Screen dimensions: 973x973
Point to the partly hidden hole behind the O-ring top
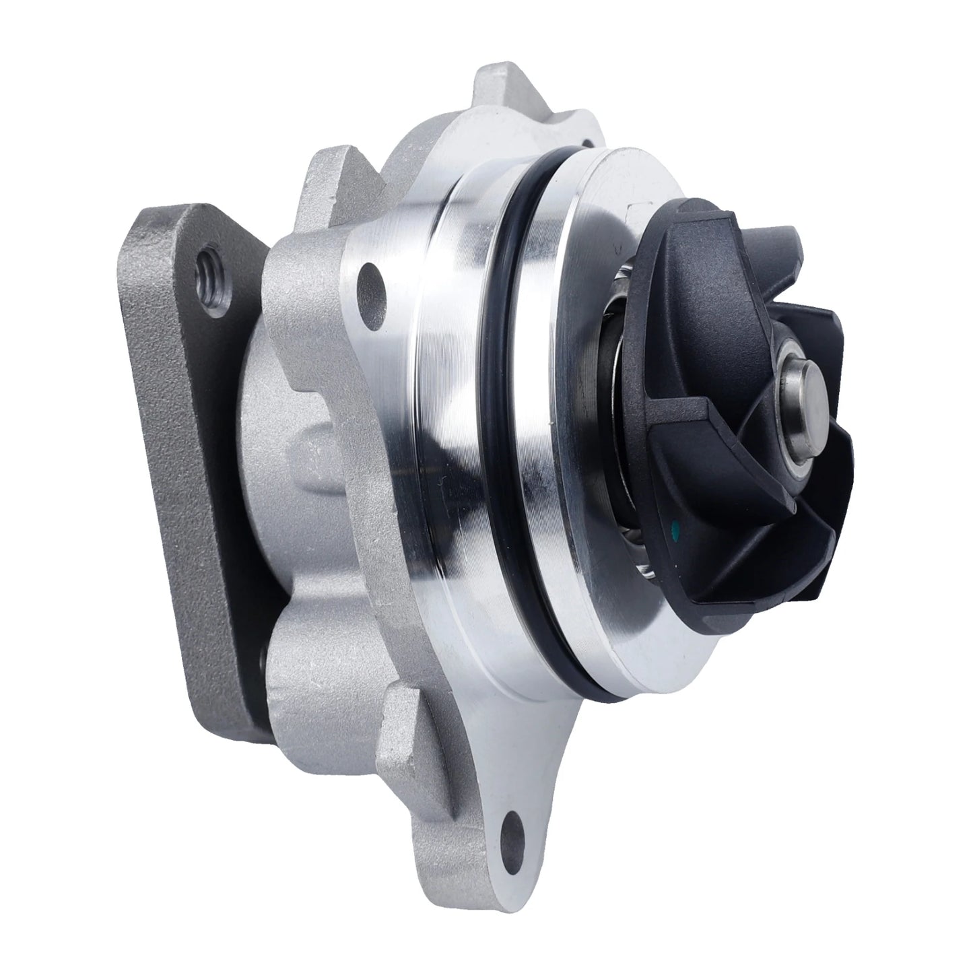tap(589, 143)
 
